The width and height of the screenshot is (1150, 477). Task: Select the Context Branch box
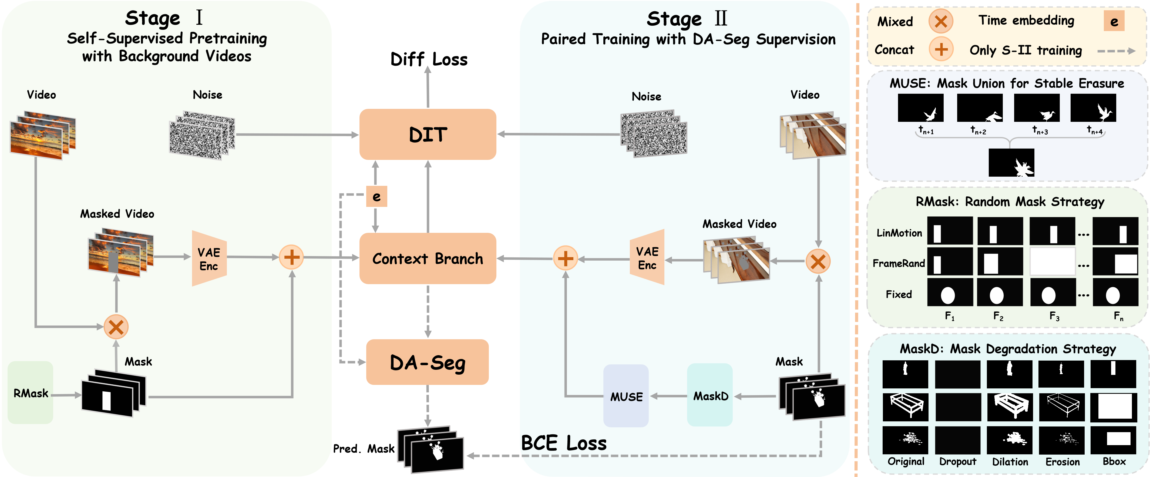pos(428,258)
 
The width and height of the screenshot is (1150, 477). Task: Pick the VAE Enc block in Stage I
pos(209,258)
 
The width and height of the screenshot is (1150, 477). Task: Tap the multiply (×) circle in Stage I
pos(116,327)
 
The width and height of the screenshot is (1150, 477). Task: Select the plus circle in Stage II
pos(565,258)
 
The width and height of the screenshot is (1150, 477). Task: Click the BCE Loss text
pos(564,443)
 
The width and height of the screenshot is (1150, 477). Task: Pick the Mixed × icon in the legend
pos(941,21)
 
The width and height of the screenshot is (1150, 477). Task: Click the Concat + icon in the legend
pos(941,49)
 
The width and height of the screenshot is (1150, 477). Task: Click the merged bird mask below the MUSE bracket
pos(1011,163)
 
